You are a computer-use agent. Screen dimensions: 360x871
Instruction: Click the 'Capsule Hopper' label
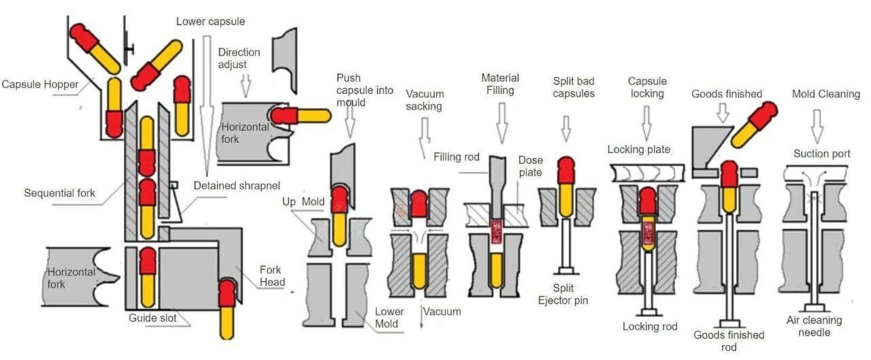pos(40,85)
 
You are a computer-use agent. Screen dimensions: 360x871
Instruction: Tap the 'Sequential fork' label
pos(59,193)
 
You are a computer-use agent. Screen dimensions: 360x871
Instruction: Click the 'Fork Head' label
pos(272,276)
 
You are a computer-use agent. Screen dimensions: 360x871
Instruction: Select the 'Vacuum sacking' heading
pos(425,99)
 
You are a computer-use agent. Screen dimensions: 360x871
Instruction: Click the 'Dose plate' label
pos(530,166)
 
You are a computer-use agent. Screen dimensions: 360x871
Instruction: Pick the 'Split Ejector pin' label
pos(563,294)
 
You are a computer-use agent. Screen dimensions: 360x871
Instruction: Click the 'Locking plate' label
pos(638,150)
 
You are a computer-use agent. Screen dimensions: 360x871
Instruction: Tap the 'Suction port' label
pos(821,154)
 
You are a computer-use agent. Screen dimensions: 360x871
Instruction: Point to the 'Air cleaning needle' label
pos(814,326)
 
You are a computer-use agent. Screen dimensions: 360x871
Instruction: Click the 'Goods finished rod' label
pos(729,341)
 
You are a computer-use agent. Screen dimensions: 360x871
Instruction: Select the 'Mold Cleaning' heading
pos(825,94)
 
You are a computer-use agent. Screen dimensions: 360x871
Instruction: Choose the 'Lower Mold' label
pos(389,318)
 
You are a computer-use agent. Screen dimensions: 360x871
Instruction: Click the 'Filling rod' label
pos(456,157)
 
